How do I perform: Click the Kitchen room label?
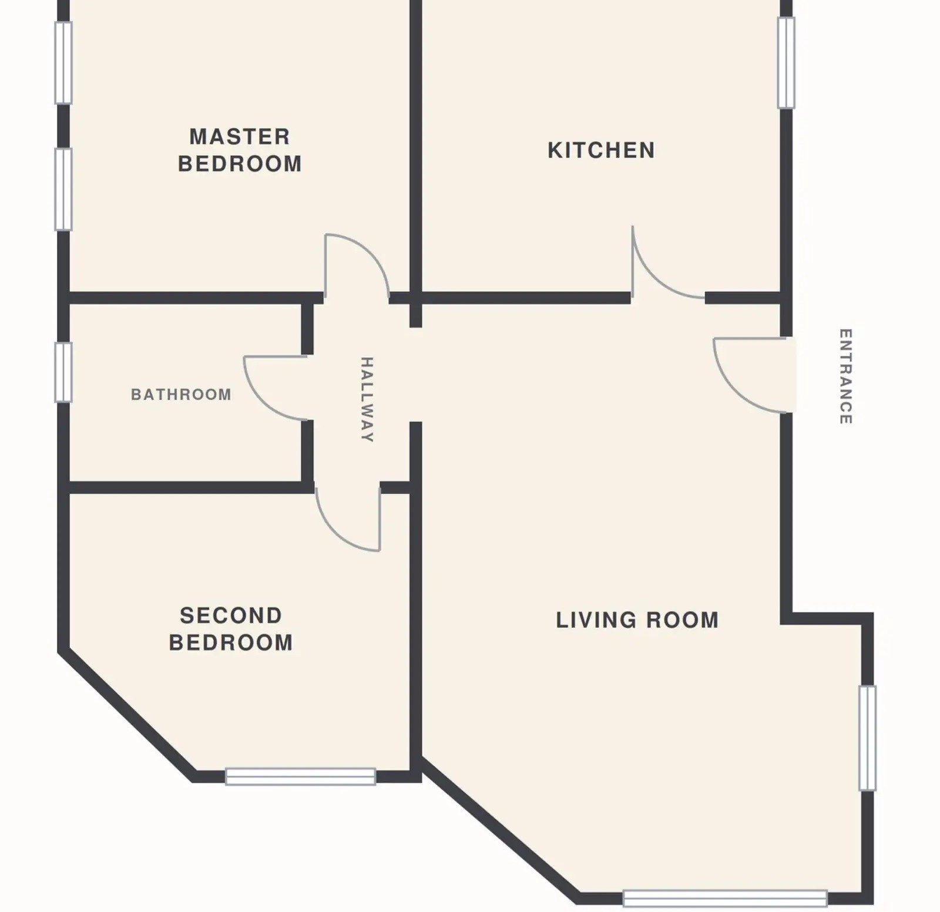click(x=601, y=150)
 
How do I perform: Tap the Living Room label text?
click(x=637, y=620)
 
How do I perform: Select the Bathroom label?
click(x=181, y=395)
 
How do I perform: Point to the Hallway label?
click(x=367, y=399)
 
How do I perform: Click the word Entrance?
click(x=845, y=376)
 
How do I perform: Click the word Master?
click(x=240, y=137)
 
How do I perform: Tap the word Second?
click(x=231, y=616)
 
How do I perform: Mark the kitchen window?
click(x=786, y=63)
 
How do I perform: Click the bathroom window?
click(x=63, y=373)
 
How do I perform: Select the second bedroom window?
click(x=301, y=777)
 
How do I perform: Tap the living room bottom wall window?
click(x=726, y=898)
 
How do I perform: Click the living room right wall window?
click(x=867, y=738)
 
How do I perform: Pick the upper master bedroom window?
click(x=63, y=63)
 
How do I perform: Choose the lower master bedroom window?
click(x=63, y=189)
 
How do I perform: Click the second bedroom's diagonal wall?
click(x=127, y=714)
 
